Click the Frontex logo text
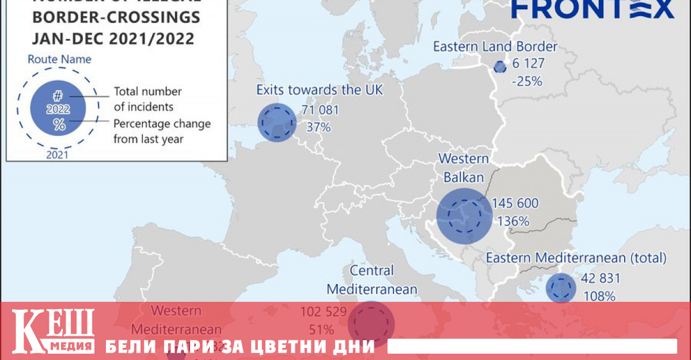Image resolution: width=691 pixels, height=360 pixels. (x=593, y=9)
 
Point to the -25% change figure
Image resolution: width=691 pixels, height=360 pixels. (x=526, y=81)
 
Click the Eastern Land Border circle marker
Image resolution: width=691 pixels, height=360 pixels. (x=500, y=67)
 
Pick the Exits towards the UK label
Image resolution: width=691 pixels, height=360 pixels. (x=319, y=90)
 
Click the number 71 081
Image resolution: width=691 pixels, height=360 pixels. (x=320, y=110)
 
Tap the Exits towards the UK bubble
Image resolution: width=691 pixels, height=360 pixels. (x=276, y=122)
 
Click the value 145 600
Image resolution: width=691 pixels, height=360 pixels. (x=515, y=203)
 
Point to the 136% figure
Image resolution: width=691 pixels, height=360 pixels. (x=514, y=221)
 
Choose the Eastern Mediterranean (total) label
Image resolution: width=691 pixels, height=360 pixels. (x=576, y=257)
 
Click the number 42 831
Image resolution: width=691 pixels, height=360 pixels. (x=600, y=279)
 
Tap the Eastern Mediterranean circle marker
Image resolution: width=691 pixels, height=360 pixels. (x=560, y=288)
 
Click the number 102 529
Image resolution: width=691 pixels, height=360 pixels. (x=323, y=312)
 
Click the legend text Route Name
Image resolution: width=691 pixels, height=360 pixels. (x=59, y=59)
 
